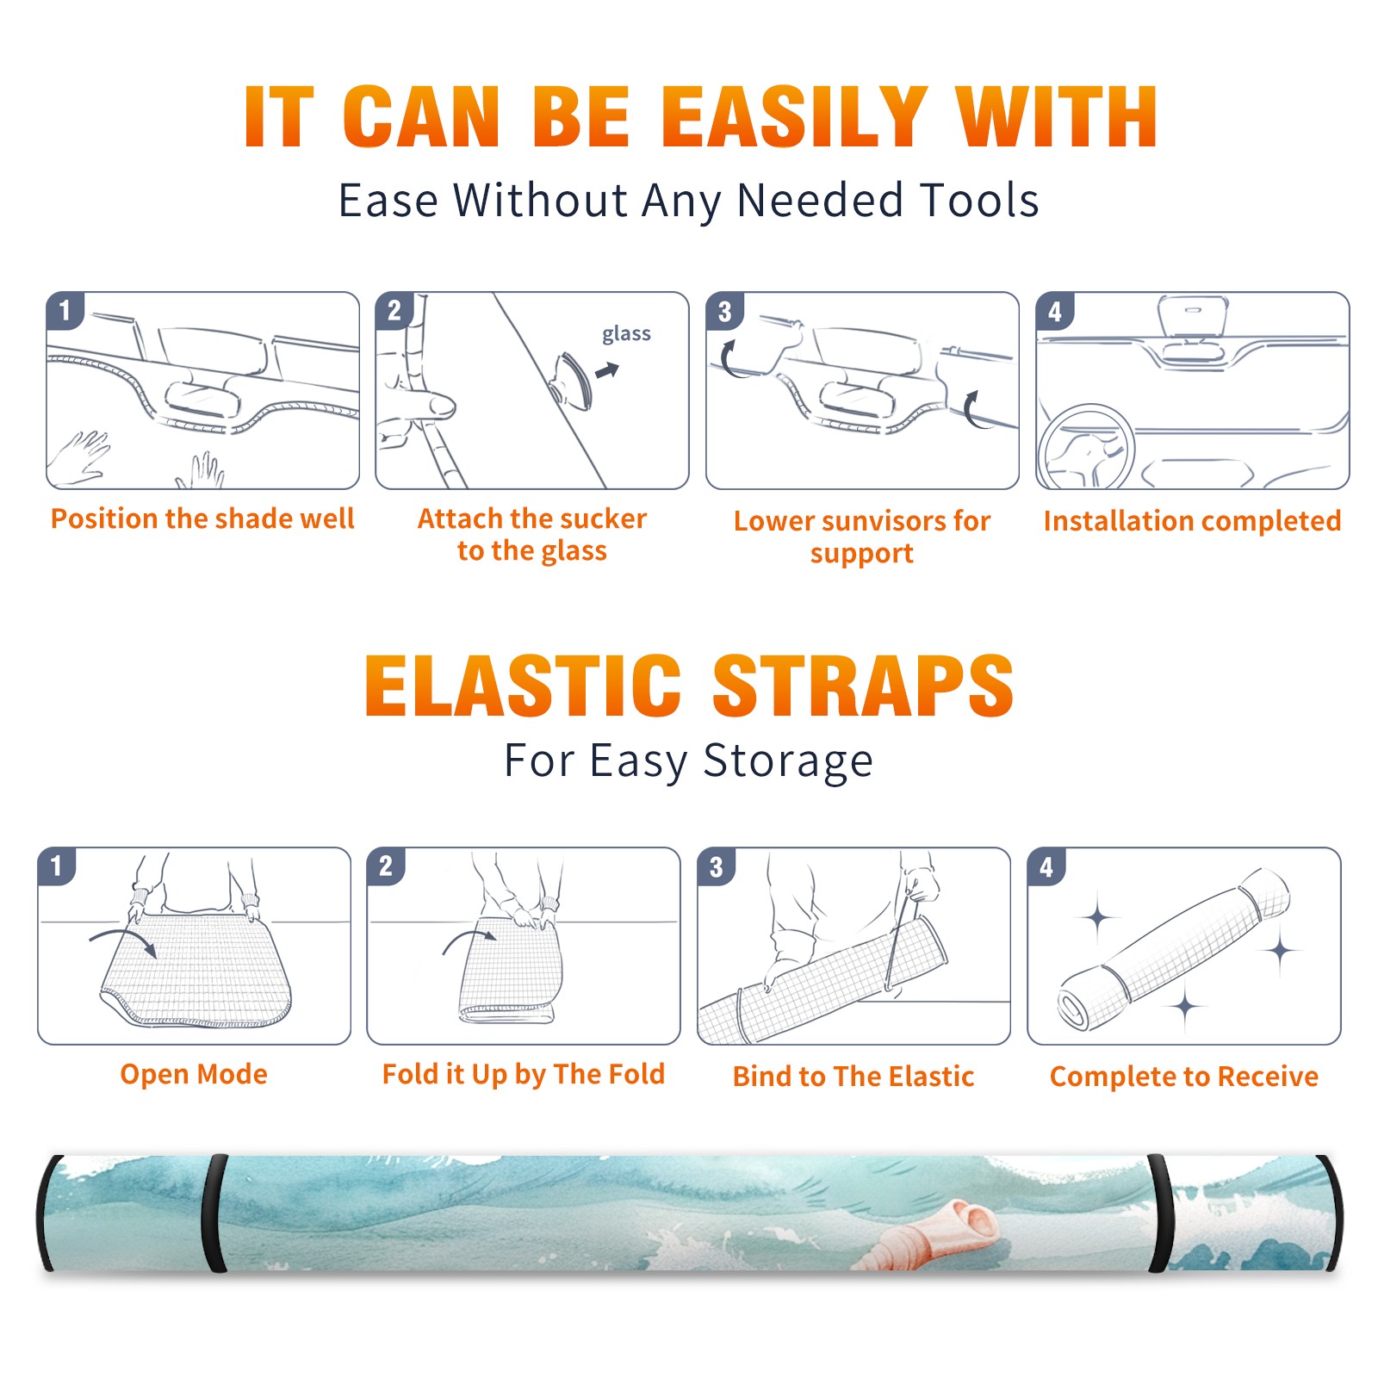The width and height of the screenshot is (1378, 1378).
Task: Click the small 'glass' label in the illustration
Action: pyautogui.click(x=626, y=334)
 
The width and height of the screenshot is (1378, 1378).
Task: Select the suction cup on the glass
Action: pyautogui.click(x=574, y=381)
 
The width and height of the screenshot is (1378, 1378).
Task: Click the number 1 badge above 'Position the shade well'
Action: pyautogui.click(x=65, y=309)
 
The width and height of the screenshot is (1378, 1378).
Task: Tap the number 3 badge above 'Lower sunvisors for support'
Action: pyautogui.click(x=724, y=311)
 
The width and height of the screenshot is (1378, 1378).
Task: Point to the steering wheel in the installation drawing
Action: pyautogui.click(x=1086, y=447)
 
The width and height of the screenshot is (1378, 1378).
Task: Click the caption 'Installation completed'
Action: pyautogui.click(x=1192, y=521)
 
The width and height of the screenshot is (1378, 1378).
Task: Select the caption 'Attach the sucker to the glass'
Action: pyautogui.click(x=532, y=535)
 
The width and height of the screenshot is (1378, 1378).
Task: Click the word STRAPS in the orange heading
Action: pyautogui.click(x=863, y=686)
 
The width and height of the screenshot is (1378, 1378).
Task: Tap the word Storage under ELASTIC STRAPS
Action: pyautogui.click(x=788, y=761)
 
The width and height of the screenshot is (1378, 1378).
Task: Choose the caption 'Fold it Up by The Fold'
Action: pyautogui.click(x=524, y=1074)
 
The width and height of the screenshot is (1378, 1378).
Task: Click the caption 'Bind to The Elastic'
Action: pyautogui.click(x=853, y=1077)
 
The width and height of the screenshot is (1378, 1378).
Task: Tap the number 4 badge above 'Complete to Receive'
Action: pyautogui.click(x=1046, y=866)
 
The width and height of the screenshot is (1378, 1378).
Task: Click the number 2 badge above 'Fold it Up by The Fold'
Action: pyautogui.click(x=386, y=866)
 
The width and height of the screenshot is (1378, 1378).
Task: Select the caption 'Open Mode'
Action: pyautogui.click(x=194, y=1074)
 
